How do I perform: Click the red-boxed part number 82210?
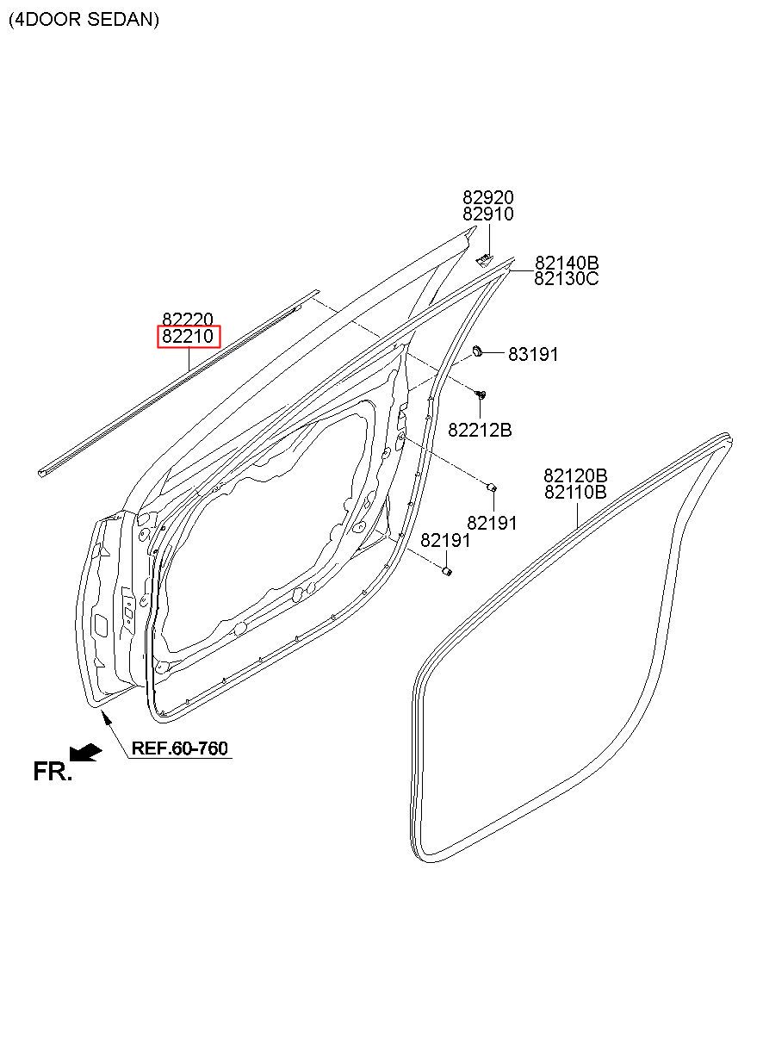coord(188,336)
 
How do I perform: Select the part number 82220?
coord(188,320)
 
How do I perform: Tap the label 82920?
coord(488,197)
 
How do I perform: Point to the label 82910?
coord(488,214)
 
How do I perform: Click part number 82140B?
coord(567,263)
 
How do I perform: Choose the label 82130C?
coord(567,279)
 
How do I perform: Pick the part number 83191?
coord(533,354)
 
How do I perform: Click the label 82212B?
coord(480,430)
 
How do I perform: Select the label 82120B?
coord(575,476)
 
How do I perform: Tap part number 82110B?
coord(575,492)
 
